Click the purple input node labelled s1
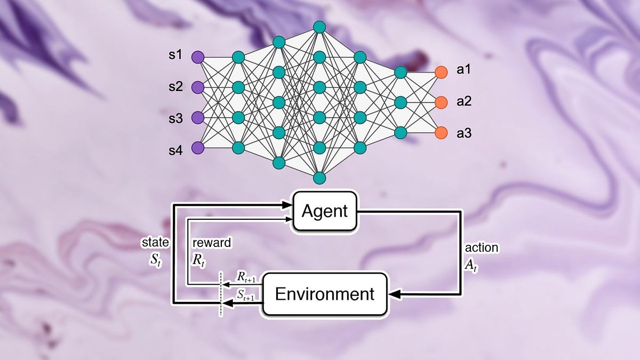[x=198, y=57]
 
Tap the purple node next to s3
[x=198, y=117]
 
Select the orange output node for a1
[x=441, y=71]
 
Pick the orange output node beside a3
[x=441, y=132]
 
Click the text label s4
[x=175, y=151]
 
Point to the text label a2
[x=464, y=101]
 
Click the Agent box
[x=324, y=211]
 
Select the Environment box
[x=324, y=293]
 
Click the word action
[x=481, y=248]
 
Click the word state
[x=155, y=243]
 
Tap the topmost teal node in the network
[x=319, y=26]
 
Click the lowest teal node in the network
[x=319, y=177]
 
